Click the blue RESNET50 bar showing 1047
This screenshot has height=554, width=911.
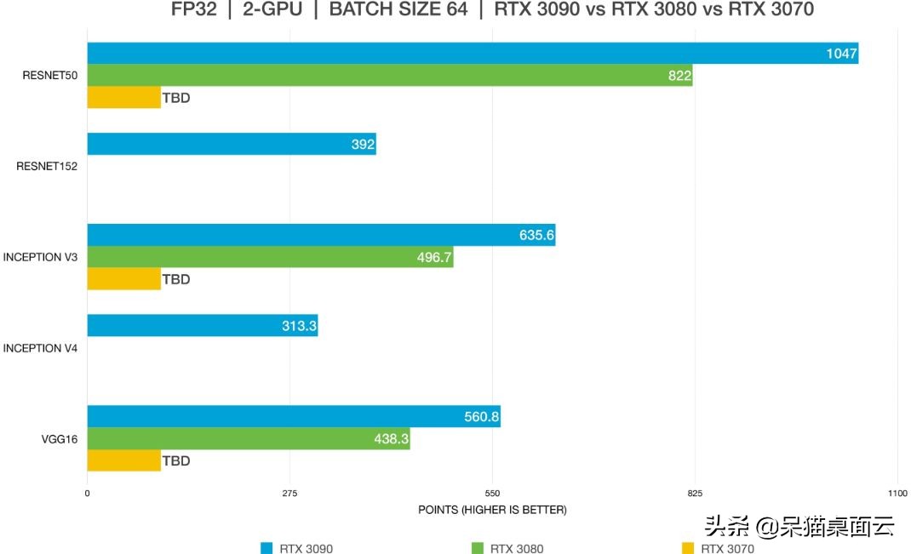pyautogui.click(x=473, y=53)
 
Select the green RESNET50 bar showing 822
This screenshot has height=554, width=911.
pyautogui.click(x=390, y=76)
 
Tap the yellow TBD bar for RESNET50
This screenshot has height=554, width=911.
pyautogui.click(x=123, y=98)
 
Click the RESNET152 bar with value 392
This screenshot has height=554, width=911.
pyautogui.click(x=232, y=144)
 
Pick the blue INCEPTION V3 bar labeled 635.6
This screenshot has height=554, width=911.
pyautogui.click(x=321, y=235)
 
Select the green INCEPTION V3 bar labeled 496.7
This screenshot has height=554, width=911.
pyautogui.click(x=270, y=257)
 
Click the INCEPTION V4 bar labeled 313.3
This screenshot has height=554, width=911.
pyautogui.click(x=203, y=325)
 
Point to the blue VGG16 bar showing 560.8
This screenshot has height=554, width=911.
pyautogui.click(x=294, y=416)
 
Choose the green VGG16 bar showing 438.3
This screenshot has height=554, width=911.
pyautogui.click(x=249, y=438)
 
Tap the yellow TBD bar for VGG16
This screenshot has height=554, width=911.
pyautogui.click(x=123, y=460)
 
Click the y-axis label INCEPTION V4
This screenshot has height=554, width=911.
pyautogui.click(x=40, y=348)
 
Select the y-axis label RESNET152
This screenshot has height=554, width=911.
pyautogui.click(x=47, y=167)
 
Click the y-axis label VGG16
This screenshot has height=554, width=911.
pyautogui.click(x=60, y=439)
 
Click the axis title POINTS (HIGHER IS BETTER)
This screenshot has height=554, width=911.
pyautogui.click(x=492, y=510)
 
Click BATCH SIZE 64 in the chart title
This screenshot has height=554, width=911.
pyautogui.click(x=398, y=10)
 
